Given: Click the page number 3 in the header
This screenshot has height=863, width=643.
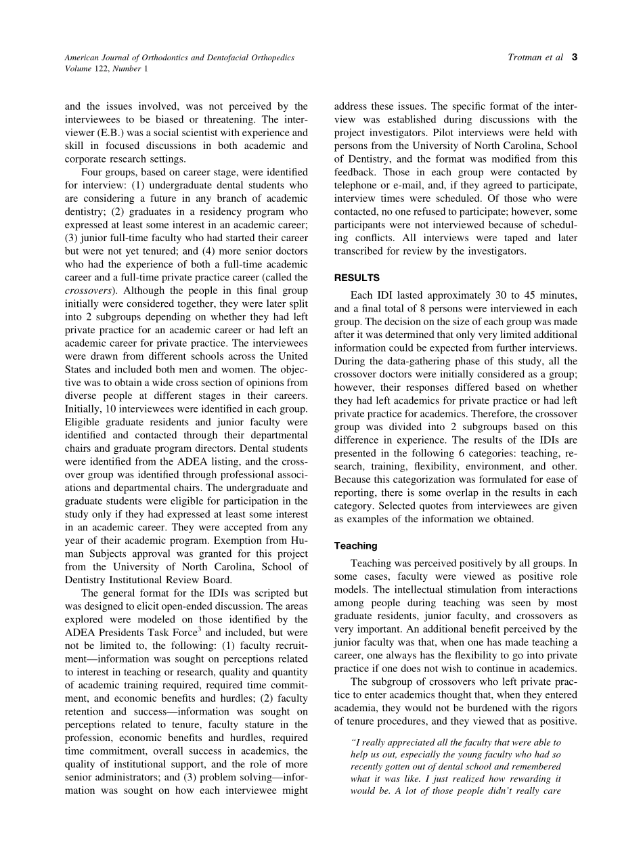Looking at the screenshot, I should [575, 58].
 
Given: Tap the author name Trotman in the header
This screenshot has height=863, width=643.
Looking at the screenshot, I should [526, 58].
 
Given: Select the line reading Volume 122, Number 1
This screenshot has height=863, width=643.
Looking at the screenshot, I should [104, 68].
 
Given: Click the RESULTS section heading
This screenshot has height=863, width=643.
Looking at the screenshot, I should [357, 278].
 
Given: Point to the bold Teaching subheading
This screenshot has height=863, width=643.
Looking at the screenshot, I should [356, 545].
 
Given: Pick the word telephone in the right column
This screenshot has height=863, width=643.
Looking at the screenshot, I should [357, 186].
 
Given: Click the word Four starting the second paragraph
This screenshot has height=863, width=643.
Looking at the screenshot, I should [93, 173].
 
